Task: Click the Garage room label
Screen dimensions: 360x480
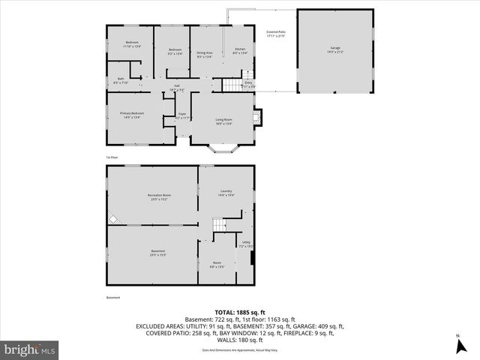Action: [334, 49]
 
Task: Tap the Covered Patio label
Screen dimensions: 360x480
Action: [276, 34]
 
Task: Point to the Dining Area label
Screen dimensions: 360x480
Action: [205, 53]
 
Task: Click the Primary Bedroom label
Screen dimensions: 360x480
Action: [131, 114]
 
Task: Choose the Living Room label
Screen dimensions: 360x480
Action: [223, 121]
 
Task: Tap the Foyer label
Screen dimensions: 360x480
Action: [181, 116]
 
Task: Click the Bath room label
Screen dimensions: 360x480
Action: [121, 80]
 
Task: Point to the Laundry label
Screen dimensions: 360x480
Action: [226, 193]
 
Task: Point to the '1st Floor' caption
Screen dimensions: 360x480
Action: [112, 157]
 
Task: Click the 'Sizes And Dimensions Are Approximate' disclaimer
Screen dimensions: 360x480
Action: [239, 349]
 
